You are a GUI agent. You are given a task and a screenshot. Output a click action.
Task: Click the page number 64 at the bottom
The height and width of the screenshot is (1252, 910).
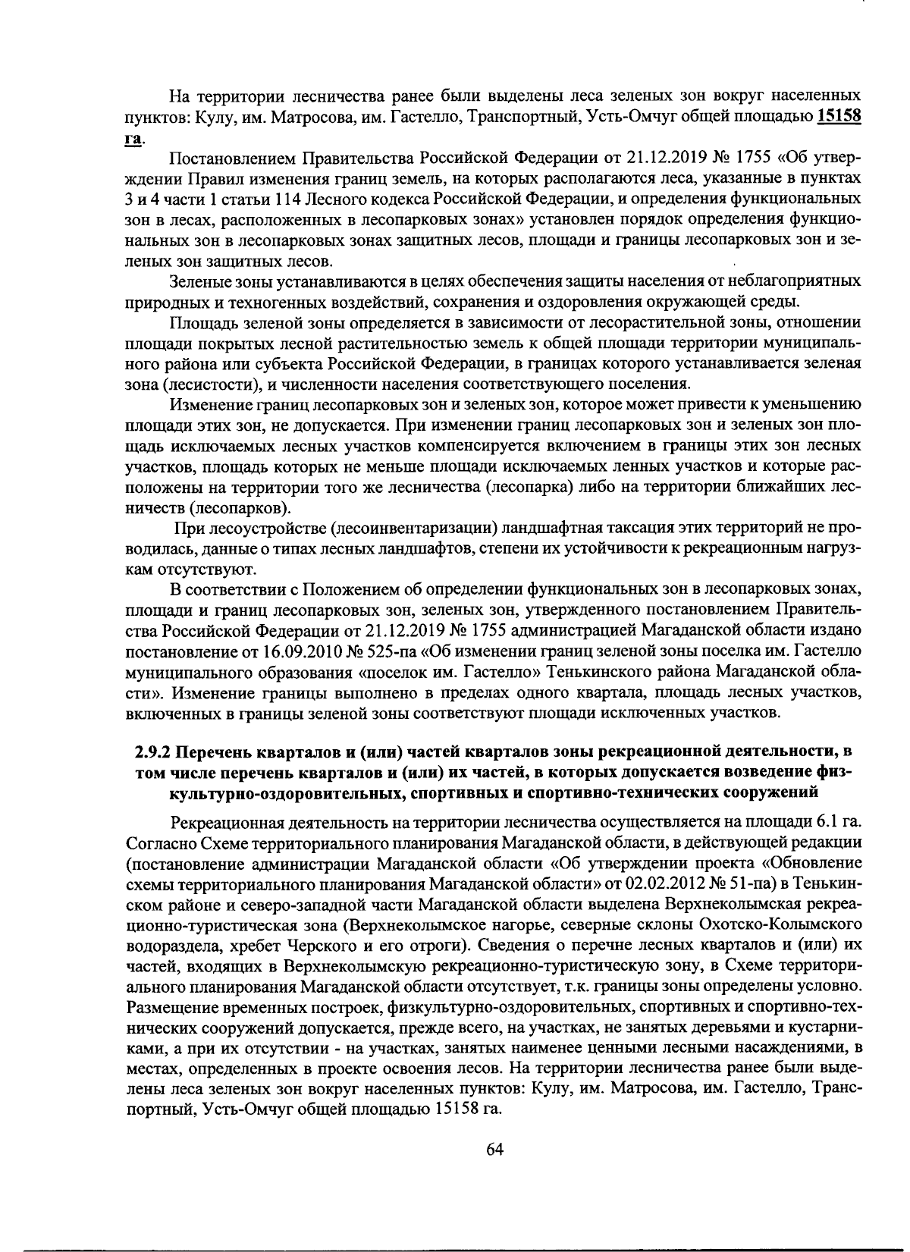point(494,1149)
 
